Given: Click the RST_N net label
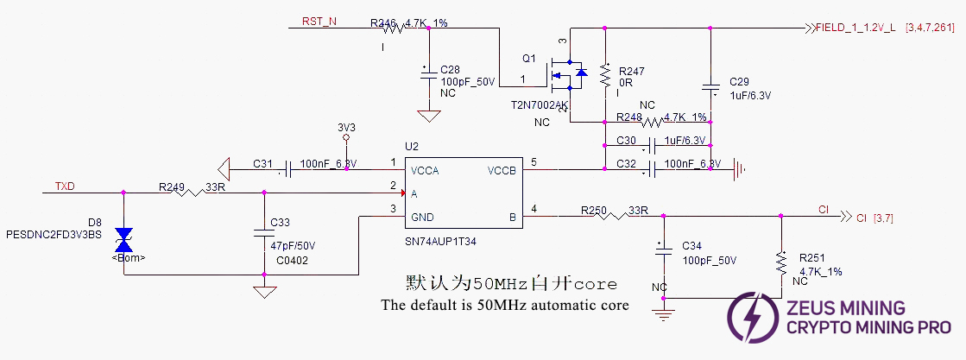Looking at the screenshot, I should pyautogui.click(x=319, y=21).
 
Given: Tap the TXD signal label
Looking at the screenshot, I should pyautogui.click(x=66, y=186).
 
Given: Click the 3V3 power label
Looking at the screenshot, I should pyautogui.click(x=346, y=126).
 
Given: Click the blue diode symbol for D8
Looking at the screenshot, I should pyautogui.click(x=124, y=236).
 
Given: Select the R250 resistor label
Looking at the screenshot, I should pyautogui.click(x=595, y=210).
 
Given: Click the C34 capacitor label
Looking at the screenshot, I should pyautogui.click(x=693, y=246).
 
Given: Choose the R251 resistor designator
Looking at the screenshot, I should pyautogui.click(x=812, y=257).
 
